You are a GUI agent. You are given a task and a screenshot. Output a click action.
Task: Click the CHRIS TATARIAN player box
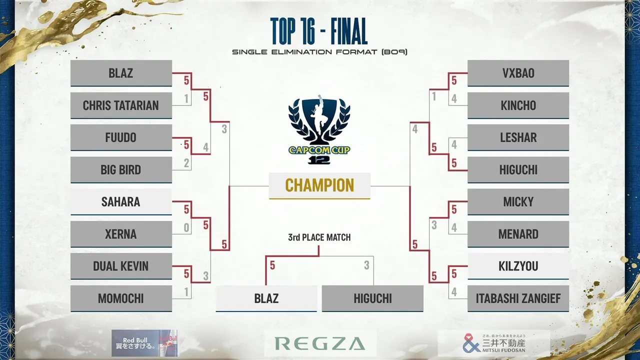coord(121,105)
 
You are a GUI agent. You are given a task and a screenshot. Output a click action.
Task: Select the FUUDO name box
coord(121,137)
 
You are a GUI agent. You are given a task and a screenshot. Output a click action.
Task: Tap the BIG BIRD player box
coord(121,169)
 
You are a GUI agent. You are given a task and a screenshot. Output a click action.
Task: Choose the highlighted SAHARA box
coord(121,201)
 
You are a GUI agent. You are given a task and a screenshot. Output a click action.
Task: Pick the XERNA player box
coord(121,234)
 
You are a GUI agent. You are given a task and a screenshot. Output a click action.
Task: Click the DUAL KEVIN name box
coord(121,266)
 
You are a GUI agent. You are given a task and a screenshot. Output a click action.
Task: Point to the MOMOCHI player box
coord(121,298)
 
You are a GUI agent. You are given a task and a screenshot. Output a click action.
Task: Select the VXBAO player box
coord(518,73)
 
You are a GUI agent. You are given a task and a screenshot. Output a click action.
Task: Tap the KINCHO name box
coord(518,105)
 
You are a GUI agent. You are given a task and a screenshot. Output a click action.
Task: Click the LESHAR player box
coord(518,137)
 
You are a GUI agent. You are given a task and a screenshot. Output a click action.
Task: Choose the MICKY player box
coord(518,201)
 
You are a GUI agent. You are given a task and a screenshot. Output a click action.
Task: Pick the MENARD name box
coord(518,234)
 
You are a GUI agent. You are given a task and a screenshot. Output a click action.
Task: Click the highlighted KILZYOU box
coord(518,266)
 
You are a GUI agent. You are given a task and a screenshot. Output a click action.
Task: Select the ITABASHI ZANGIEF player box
coord(518,298)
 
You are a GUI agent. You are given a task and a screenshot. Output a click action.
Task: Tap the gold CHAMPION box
coord(319,185)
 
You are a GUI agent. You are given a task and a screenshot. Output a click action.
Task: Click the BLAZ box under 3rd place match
coord(266,298)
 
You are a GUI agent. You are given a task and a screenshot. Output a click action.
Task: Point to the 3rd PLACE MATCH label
coord(319,237)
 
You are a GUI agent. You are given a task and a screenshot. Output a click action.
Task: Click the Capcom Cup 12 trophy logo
coord(319,129)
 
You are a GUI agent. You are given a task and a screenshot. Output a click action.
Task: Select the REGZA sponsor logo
coord(320,343)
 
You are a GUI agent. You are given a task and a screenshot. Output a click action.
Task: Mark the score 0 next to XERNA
coord(186,227)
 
